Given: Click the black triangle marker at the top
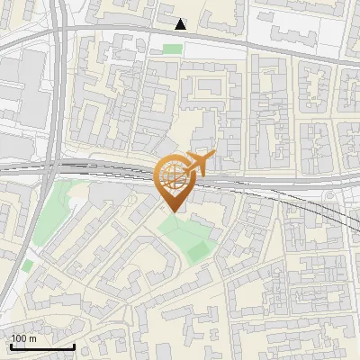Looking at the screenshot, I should [x=181, y=24].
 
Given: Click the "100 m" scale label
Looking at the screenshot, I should [x=24, y=338].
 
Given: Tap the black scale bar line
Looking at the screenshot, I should [x=42, y=346].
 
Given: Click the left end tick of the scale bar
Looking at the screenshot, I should [x=11, y=344].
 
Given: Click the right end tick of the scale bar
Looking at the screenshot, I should [x=74, y=344].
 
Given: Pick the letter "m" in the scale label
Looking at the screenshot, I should [x=33, y=338].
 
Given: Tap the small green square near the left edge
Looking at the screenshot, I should [x=28, y=265].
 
